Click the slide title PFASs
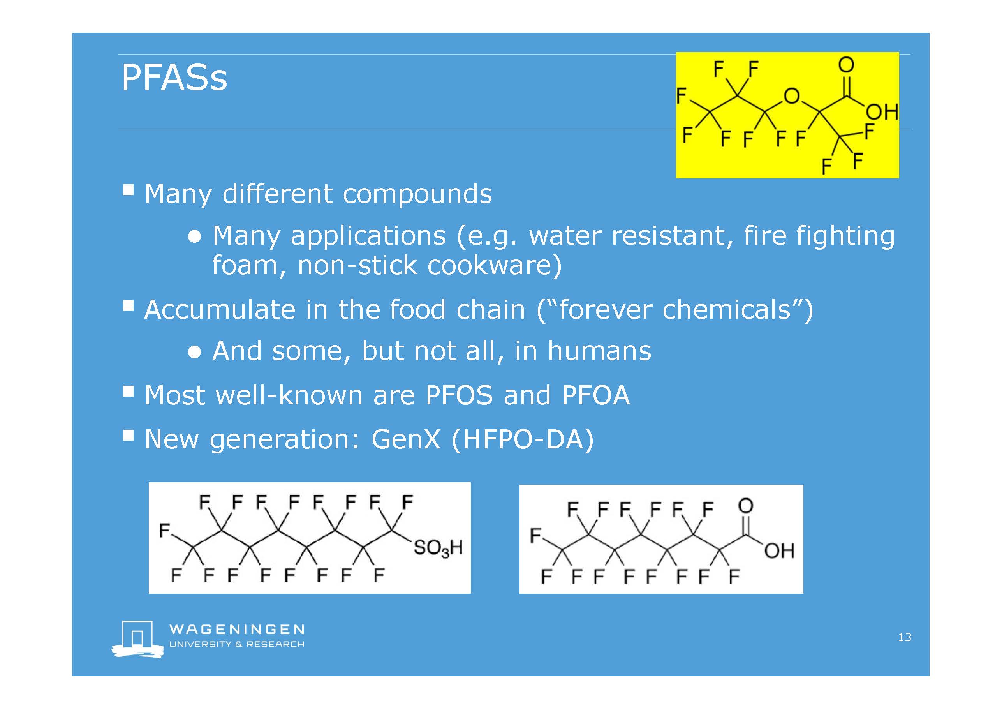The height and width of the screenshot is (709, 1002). point(174,78)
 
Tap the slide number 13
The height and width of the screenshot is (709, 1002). point(905,637)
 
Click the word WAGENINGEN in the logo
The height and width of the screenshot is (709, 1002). point(237,629)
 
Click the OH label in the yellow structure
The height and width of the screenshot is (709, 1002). point(882,112)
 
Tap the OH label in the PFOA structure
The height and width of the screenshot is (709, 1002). point(779,551)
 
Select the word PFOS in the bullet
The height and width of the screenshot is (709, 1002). point(459,395)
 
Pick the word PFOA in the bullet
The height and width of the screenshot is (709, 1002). point(596,395)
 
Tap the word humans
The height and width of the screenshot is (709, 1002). point(599,351)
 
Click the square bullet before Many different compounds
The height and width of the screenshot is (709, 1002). point(128,190)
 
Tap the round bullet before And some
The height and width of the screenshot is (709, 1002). point(195,352)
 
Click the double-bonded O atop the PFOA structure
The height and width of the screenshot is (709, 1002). point(745,506)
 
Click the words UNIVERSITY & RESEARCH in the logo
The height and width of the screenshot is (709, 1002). point(237,644)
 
